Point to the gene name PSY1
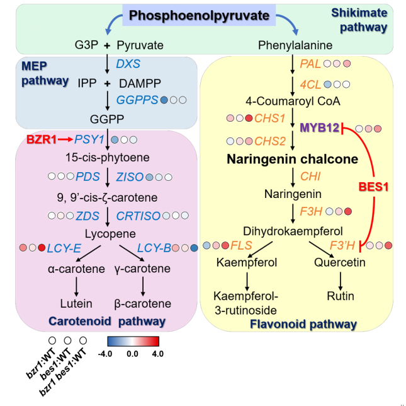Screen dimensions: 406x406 point(91,139)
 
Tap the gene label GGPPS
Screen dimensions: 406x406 point(136,100)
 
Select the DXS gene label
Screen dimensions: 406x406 point(128,64)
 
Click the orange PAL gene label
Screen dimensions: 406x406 point(310,64)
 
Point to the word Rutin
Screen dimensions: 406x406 point(341,296)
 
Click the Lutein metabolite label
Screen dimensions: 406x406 point(76,302)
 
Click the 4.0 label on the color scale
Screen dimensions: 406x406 point(157,354)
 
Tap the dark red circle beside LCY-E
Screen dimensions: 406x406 point(42,248)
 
